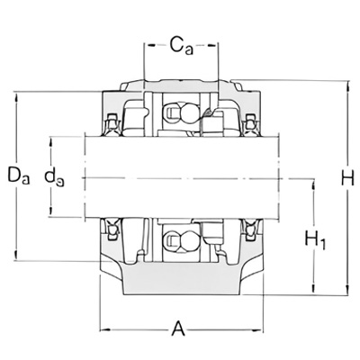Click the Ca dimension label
click(182, 46)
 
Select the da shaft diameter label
click(55, 177)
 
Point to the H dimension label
click(348, 178)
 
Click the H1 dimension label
click(315, 239)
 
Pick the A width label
click(178, 328)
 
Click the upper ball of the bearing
click(188, 113)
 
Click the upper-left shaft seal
click(112, 123)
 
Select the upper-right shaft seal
click(248, 123)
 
